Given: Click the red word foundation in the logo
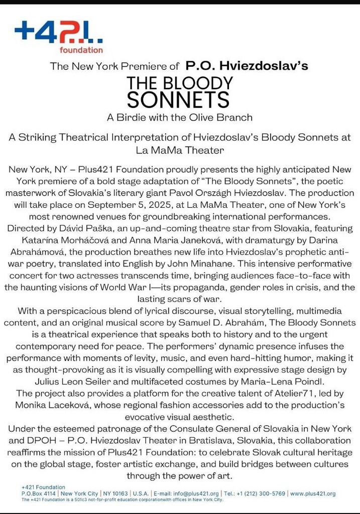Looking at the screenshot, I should [81, 50].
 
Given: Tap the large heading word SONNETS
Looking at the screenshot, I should [178, 99].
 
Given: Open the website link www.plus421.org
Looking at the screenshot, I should [313, 494].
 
